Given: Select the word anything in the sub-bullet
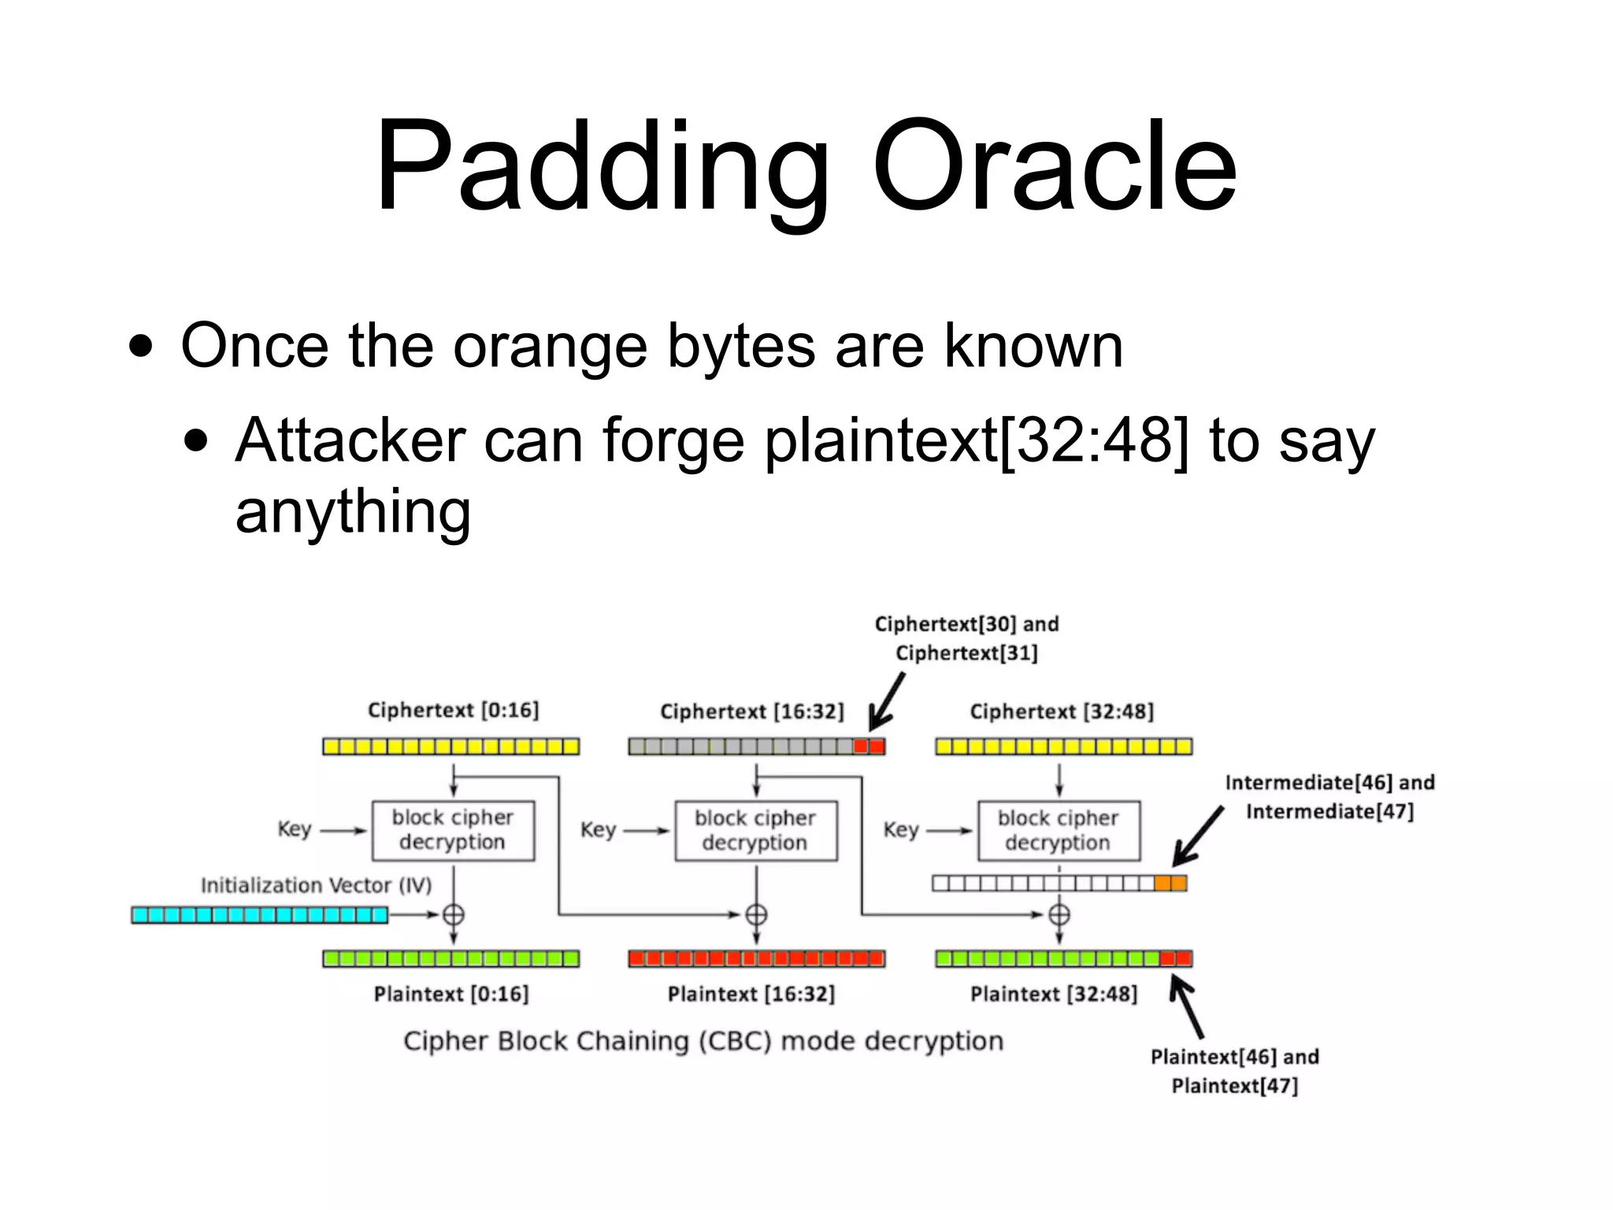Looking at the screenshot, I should click(x=353, y=510).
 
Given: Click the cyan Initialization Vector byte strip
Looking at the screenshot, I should click(x=259, y=915).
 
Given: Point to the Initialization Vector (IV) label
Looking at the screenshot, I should click(x=316, y=885).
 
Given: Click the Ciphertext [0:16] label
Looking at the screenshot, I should click(x=453, y=710).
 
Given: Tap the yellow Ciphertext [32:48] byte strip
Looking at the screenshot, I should click(x=1063, y=745).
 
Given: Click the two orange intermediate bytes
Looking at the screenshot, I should click(x=1170, y=883).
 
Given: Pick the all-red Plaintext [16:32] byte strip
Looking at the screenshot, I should click(x=756, y=958).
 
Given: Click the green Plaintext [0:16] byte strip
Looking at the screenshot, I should click(x=451, y=958).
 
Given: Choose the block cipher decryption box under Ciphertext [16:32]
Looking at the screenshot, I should click(x=755, y=830).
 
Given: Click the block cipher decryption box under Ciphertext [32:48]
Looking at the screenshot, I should click(x=1059, y=830).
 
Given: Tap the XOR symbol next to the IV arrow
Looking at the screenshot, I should click(x=453, y=915).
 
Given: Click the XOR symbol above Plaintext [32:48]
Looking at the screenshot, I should click(x=1059, y=915).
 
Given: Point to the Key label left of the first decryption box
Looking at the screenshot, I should click(x=294, y=829).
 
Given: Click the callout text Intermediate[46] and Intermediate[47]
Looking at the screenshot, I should click(x=1329, y=796).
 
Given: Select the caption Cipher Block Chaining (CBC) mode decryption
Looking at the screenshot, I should click(x=703, y=1041).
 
